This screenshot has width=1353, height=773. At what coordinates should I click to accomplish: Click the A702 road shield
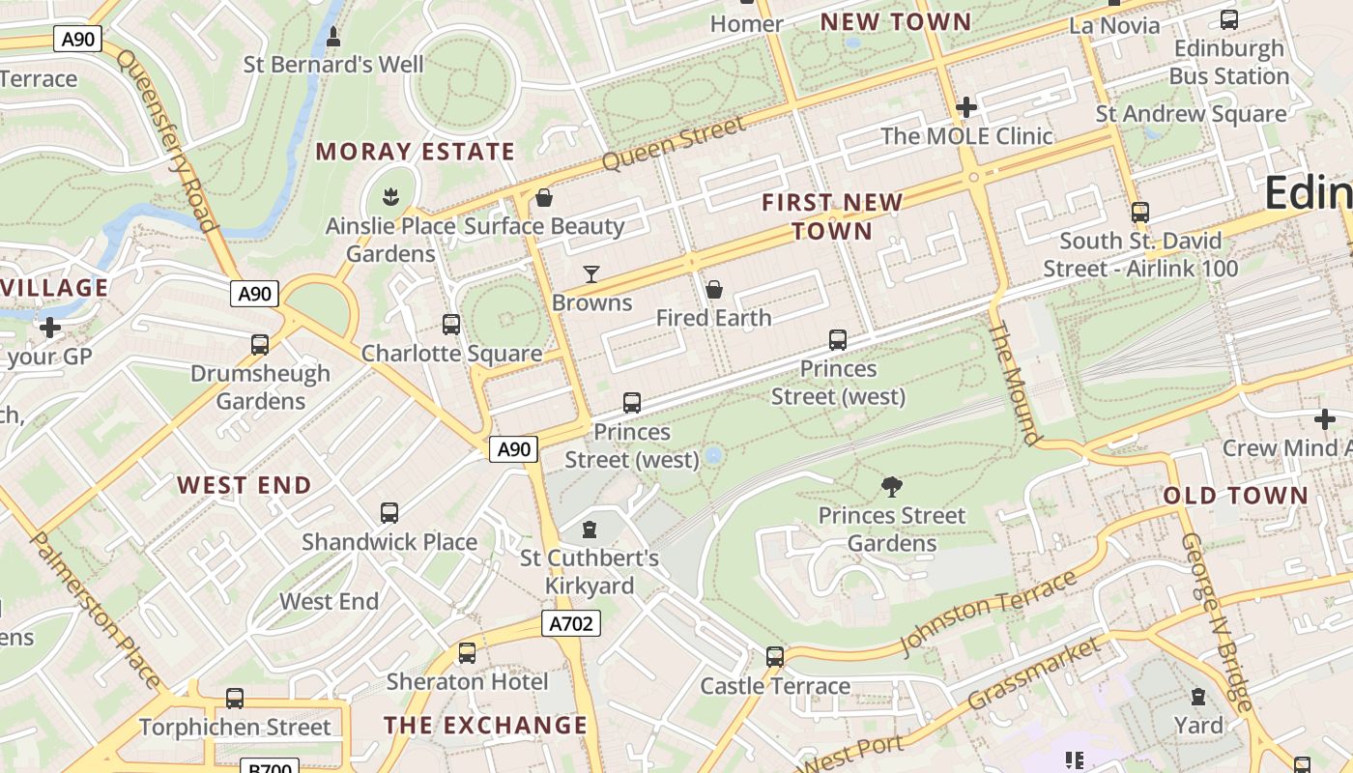coord(570,623)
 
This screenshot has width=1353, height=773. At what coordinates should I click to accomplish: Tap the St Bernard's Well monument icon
coord(333,37)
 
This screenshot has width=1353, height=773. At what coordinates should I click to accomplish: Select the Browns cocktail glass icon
coord(591,274)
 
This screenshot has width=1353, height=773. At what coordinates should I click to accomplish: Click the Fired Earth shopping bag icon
coord(713,289)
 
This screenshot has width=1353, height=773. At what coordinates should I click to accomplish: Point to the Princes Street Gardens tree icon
coord(892,486)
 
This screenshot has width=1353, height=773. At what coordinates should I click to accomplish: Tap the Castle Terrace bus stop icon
coord(774,657)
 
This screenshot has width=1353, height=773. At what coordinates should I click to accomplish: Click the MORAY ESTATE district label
coord(415,152)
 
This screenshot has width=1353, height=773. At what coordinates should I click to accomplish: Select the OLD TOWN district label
coord(1235,496)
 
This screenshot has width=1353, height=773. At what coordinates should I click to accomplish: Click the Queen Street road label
coord(674,143)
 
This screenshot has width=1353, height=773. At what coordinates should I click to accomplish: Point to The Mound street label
coord(1015,382)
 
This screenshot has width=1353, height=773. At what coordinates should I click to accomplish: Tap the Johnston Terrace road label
coord(988,614)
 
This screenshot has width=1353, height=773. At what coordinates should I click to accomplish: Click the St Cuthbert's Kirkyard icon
coord(590,529)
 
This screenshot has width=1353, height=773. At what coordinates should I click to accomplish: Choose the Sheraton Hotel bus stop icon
coord(467,653)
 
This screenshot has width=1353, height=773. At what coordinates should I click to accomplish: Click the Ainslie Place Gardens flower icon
coord(390,197)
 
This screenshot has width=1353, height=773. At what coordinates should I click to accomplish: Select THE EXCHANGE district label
coord(485,726)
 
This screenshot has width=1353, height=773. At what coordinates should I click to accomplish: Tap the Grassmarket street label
coord(1033,673)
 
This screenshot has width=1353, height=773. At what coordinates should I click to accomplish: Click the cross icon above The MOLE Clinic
coord(965,107)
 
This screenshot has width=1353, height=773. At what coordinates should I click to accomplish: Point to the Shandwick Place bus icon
coord(389,513)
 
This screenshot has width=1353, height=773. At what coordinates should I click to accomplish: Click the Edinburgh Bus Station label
coord(1228,62)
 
